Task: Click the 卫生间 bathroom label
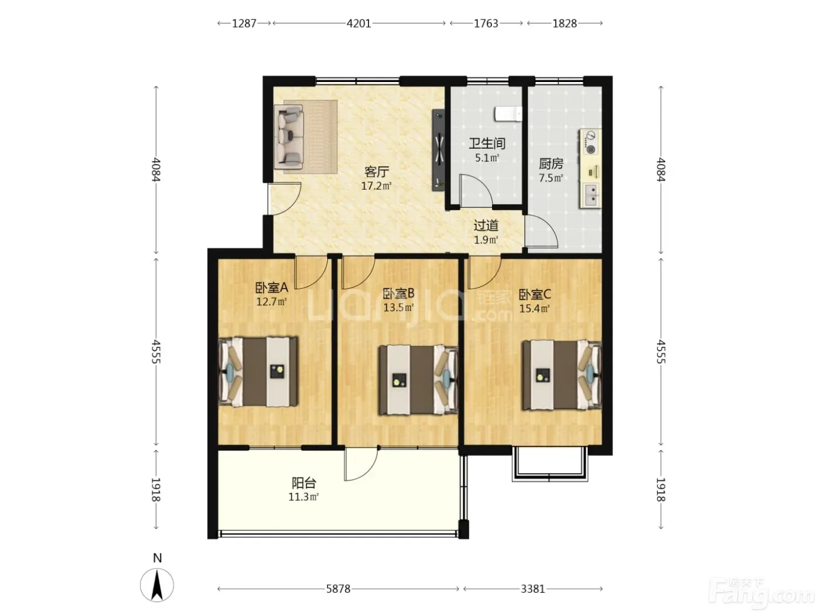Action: [487, 143]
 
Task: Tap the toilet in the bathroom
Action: [508, 114]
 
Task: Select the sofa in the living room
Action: [288, 136]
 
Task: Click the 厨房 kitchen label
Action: [551, 163]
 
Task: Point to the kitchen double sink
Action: [590, 195]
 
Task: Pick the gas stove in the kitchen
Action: [590, 142]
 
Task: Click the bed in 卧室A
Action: [258, 371]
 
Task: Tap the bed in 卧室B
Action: [418, 380]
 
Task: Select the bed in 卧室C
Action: [562, 374]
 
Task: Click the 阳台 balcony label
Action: [304, 483]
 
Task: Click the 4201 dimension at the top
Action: [358, 23]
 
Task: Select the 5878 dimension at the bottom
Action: [338, 589]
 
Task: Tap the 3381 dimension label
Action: [533, 589]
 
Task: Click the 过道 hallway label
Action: [486, 225]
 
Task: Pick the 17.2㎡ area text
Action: [376, 186]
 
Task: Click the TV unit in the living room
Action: [439, 150]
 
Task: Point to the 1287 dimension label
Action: [244, 23]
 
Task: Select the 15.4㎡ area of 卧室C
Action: [535, 309]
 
